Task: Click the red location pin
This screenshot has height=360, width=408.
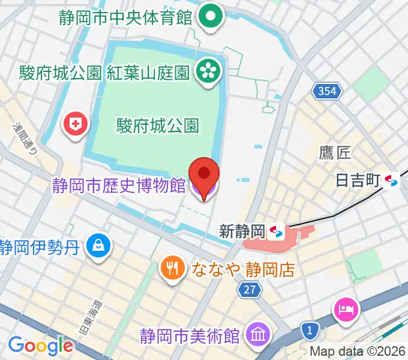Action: point(203,173)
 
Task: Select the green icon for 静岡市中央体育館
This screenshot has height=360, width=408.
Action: point(211,16)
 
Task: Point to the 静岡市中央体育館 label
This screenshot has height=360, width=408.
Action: point(125,17)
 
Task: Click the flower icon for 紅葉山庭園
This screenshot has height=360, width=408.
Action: point(210,70)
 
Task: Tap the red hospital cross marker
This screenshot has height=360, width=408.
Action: point(76,124)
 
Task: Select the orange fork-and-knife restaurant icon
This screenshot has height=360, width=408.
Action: point(173,267)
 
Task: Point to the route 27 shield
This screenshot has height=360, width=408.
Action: point(250,290)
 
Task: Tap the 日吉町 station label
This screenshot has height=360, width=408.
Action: point(359,180)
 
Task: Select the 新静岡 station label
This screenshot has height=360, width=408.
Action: point(242,231)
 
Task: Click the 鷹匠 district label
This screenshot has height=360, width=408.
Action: point(334,153)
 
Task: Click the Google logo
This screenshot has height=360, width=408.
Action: point(40,346)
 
